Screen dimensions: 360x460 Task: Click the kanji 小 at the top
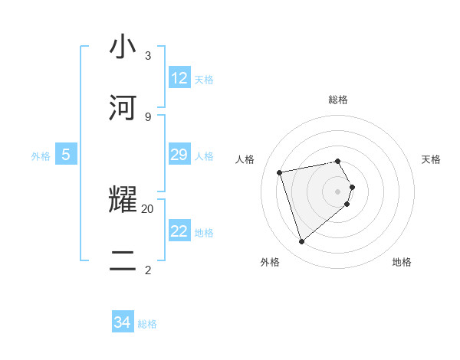tap(123, 47)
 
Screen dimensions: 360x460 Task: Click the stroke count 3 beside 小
tap(148, 56)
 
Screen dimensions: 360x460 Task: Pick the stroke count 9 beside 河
tap(148, 116)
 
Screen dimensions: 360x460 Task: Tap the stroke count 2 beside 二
tap(148, 270)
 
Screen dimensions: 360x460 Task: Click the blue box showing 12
tap(179, 78)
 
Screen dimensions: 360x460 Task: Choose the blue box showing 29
tap(179, 155)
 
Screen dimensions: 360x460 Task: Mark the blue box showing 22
tap(179, 231)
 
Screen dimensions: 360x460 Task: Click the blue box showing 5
tap(66, 155)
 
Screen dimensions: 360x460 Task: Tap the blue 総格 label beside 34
tap(147, 324)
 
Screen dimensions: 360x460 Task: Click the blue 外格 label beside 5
tap(41, 156)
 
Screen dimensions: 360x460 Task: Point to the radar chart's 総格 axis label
tap(338, 100)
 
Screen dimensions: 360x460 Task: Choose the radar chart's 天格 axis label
tap(431, 159)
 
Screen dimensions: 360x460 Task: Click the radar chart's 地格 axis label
tap(402, 262)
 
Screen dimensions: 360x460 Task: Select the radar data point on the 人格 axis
tap(280, 172)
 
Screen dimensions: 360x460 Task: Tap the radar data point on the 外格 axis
tap(301, 241)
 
